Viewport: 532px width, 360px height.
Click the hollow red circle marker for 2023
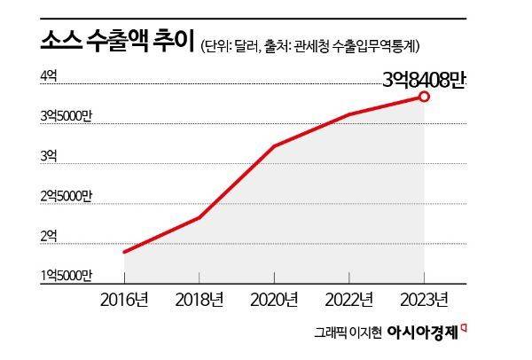(x=425, y=96)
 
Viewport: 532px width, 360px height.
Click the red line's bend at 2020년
(x=274, y=146)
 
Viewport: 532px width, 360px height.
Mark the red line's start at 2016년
(x=124, y=252)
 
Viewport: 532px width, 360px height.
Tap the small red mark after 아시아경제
(x=465, y=329)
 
